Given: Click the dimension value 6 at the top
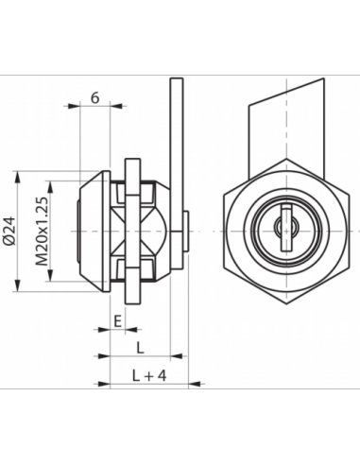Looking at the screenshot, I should click(96, 98).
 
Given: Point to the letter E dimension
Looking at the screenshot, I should click(116, 321).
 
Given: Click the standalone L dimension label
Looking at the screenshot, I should click(140, 347).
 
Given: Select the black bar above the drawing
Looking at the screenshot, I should click(180, 62).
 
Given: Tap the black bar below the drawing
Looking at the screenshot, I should click(180, 400).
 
